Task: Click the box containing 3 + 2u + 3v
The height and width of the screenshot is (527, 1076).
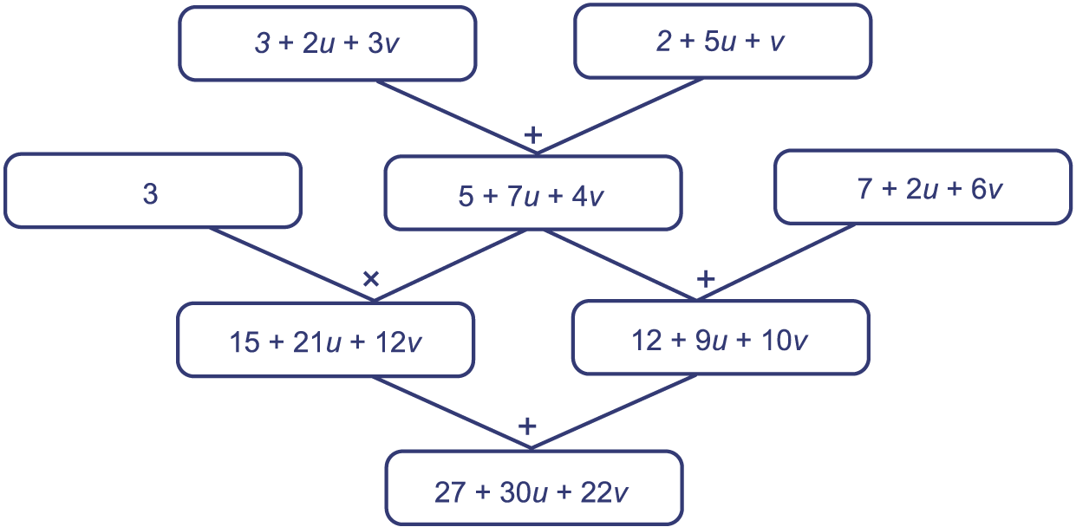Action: click(x=328, y=43)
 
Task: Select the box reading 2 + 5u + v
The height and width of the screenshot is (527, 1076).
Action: click(x=722, y=42)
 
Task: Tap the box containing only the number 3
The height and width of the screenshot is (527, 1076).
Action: click(x=152, y=192)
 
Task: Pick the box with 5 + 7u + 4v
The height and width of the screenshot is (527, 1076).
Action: click(x=532, y=194)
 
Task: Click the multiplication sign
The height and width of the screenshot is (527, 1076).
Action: click(x=370, y=279)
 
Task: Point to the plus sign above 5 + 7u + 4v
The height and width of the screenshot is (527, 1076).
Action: click(x=534, y=135)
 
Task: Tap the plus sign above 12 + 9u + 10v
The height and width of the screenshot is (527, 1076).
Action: click(x=706, y=279)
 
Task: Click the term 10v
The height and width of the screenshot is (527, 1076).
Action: click(x=786, y=340)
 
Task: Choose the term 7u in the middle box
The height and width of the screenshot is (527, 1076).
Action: click(x=524, y=196)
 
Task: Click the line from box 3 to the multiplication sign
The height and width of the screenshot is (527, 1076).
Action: click(x=295, y=263)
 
